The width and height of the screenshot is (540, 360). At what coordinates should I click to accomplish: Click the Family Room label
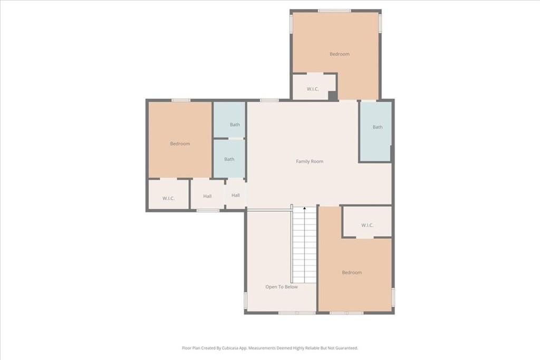point(310,161)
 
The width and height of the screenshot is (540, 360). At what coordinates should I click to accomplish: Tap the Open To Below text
point(281,287)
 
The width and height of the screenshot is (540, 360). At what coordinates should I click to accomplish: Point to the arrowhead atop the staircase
point(305,209)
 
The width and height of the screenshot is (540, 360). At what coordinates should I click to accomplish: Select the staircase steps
point(305,245)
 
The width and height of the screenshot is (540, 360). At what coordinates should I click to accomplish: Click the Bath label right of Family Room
point(378,127)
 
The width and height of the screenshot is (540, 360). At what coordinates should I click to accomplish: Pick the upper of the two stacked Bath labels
point(235,125)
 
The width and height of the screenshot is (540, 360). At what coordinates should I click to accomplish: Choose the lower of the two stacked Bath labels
point(229,159)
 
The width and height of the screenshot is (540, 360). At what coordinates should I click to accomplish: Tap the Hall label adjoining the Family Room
point(235,196)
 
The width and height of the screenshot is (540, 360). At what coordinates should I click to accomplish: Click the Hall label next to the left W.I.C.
point(207,196)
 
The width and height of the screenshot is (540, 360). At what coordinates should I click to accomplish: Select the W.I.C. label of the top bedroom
point(313,89)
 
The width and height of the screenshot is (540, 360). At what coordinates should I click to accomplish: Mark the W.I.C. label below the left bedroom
point(169,198)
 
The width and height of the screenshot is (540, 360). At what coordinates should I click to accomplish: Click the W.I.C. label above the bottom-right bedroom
point(367,226)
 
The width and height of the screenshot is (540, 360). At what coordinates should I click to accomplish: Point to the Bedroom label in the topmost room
point(339,54)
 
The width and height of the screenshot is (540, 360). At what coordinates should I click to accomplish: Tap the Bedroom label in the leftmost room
point(180,144)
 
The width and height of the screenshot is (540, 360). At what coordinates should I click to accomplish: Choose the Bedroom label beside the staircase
point(352,273)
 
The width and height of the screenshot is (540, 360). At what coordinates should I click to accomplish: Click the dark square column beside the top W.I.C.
point(332,95)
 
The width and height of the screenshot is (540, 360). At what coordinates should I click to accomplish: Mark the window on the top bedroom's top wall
point(334,11)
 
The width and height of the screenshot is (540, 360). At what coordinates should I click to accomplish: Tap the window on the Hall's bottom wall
point(208,210)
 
